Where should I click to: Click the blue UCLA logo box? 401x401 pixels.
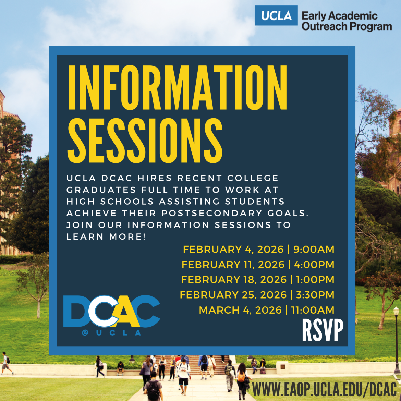[276, 15]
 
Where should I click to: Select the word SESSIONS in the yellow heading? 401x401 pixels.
[145, 140]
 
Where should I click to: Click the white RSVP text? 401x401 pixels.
[323, 330]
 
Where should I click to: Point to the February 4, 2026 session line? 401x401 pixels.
[258, 249]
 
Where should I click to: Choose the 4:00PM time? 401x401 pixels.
[314, 265]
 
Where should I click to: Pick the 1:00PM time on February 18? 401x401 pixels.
[315, 280]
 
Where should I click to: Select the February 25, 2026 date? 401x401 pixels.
[233, 295]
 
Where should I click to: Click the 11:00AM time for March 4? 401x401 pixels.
[313, 310]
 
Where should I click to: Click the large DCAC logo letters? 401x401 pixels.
[112, 311]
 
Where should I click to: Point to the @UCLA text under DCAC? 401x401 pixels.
[112, 333]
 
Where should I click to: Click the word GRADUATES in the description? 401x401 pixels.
[101, 190]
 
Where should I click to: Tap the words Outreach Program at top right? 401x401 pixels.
[347, 26]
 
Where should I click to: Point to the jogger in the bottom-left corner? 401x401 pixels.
[6, 363]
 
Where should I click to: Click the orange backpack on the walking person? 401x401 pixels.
[242, 377]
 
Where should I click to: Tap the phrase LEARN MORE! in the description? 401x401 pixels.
[106, 236]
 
